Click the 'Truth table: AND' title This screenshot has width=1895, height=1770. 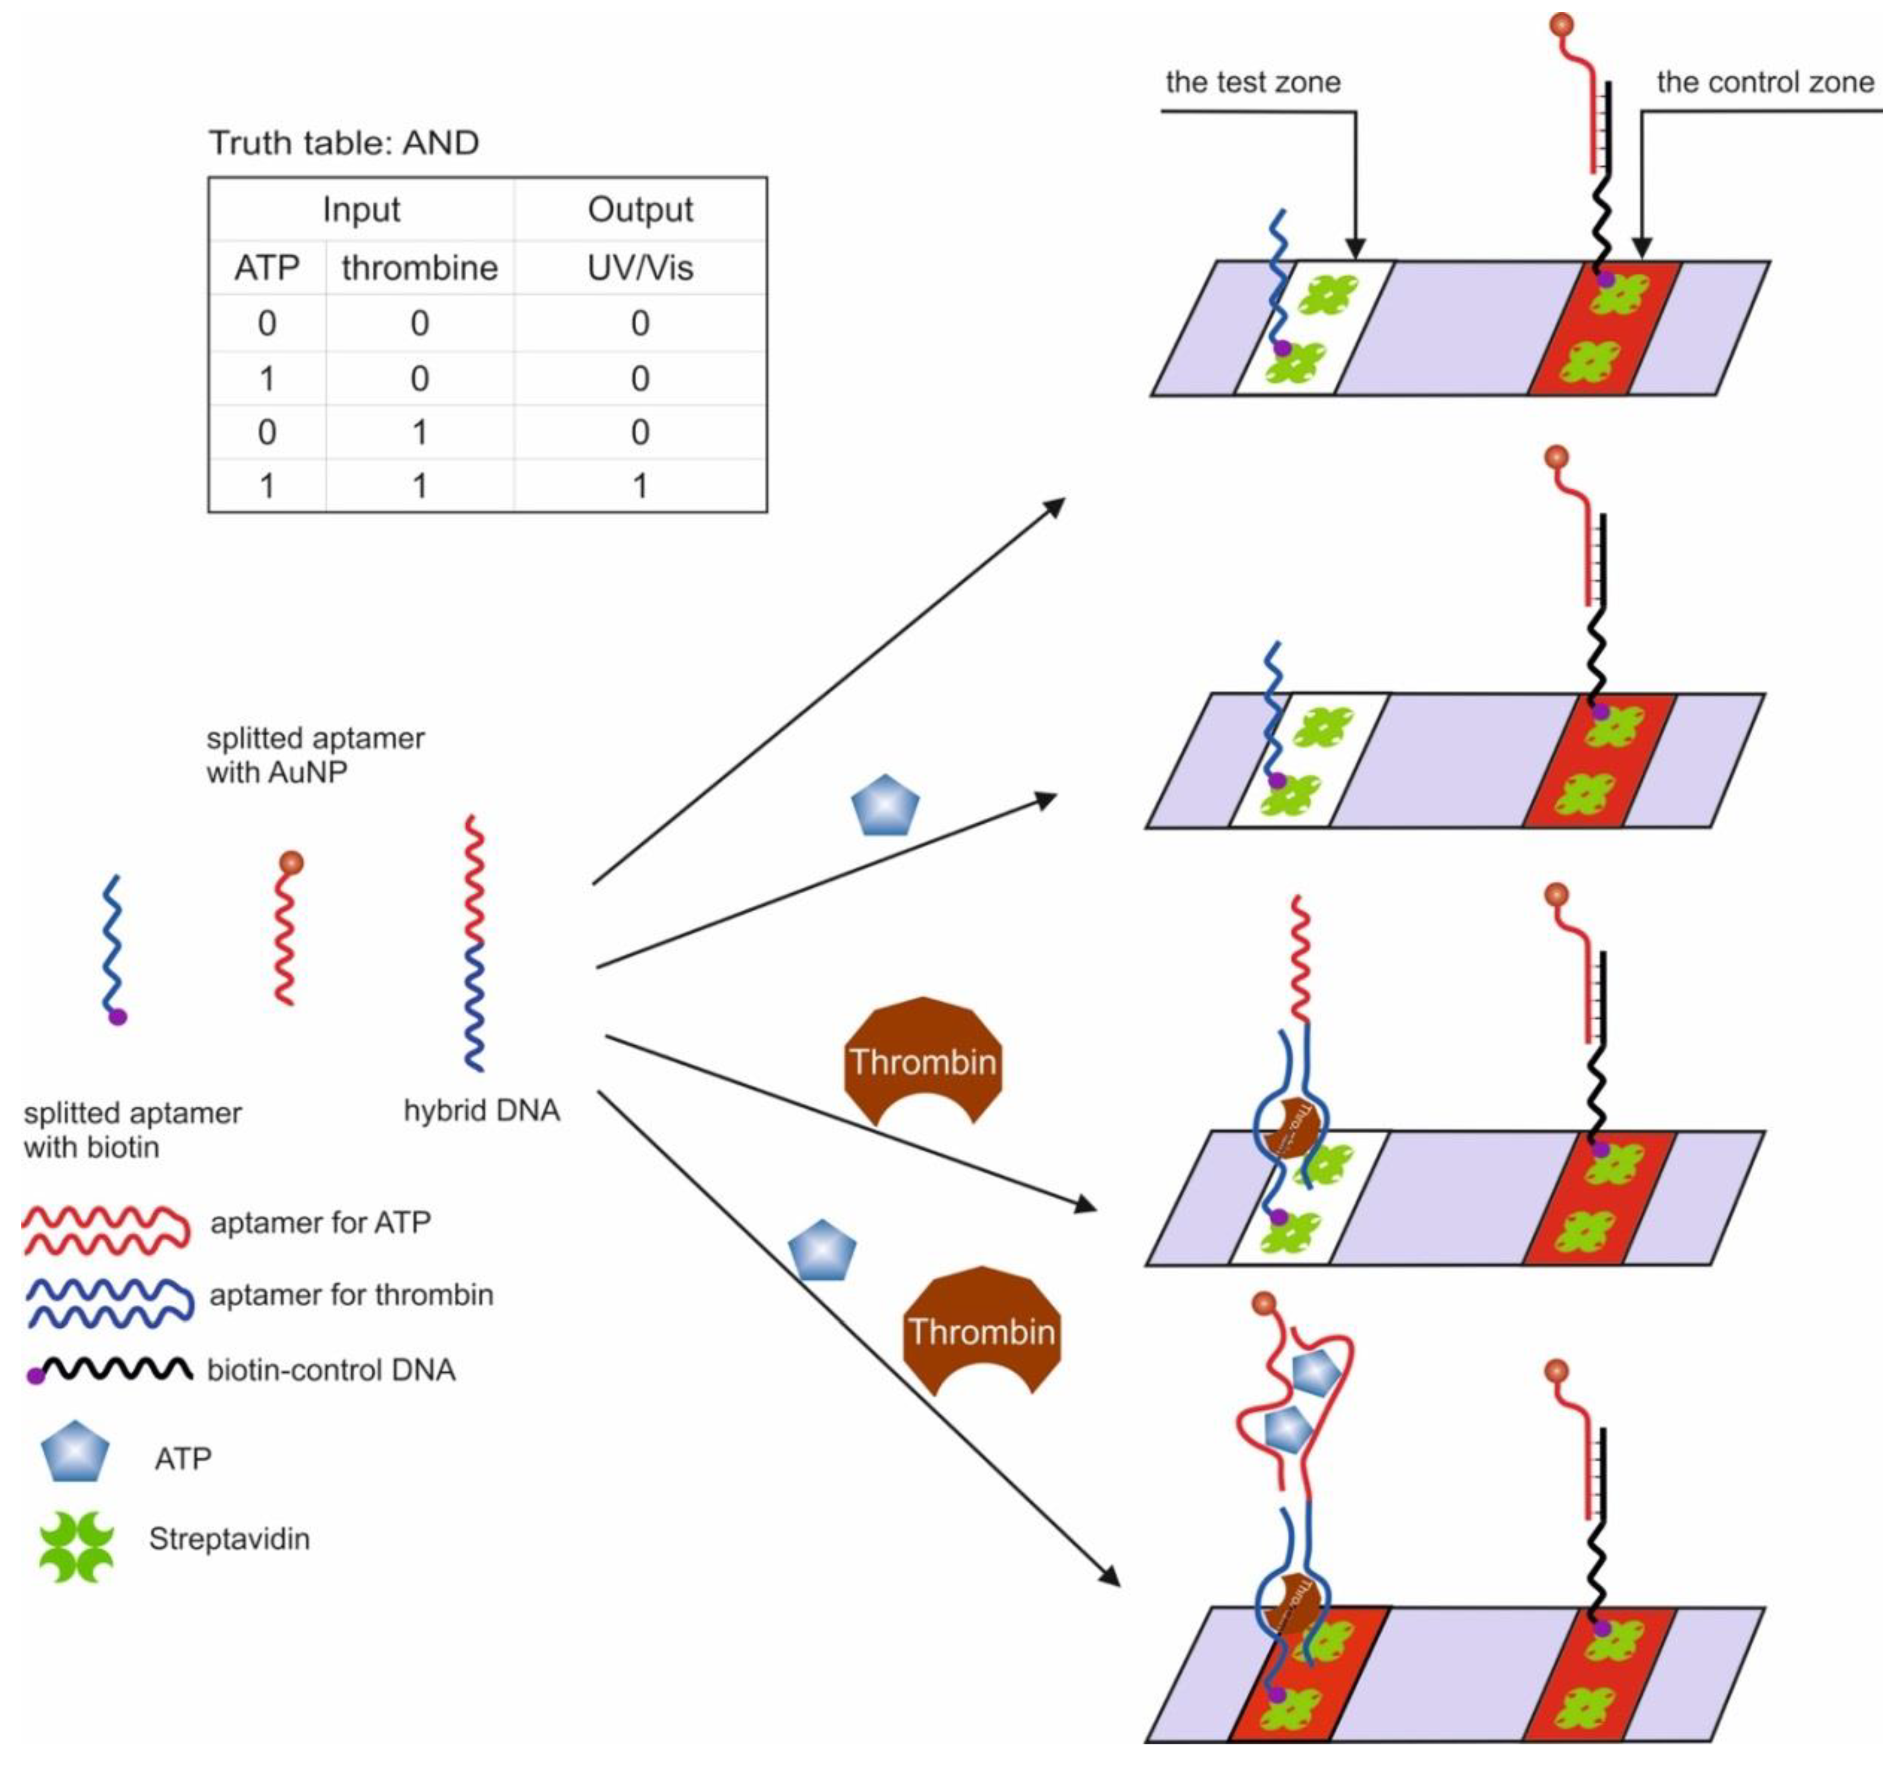pyautogui.click(x=343, y=143)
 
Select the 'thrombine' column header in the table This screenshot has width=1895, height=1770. pyautogui.click(x=419, y=268)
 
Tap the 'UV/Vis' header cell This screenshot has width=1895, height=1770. pyautogui.click(x=640, y=268)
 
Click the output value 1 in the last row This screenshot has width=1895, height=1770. pyautogui.click(x=640, y=486)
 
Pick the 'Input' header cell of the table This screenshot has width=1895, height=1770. pyautogui.click(x=361, y=209)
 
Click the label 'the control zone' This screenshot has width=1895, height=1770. pyautogui.click(x=1764, y=83)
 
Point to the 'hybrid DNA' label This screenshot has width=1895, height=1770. pyautogui.click(x=482, y=1110)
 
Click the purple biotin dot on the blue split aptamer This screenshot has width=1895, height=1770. pyautogui.click(x=118, y=1017)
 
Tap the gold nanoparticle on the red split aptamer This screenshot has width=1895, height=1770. pyautogui.click(x=292, y=863)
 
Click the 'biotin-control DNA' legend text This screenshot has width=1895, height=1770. pyautogui.click(x=331, y=1370)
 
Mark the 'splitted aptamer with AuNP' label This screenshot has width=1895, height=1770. pyautogui.click(x=315, y=755)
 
